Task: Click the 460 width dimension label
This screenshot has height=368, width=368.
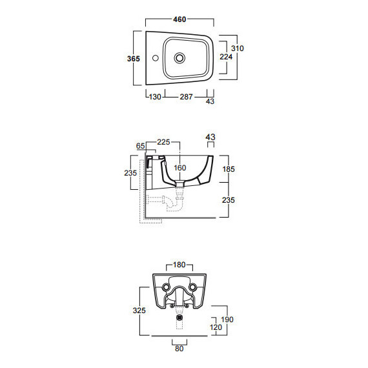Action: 179,19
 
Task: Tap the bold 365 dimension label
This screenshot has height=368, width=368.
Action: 134,59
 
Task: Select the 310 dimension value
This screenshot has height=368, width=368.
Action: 238,48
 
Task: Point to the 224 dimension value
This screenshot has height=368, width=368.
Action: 226,57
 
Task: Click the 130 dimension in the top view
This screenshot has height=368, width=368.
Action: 155,97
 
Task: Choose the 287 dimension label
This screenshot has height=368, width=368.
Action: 186,97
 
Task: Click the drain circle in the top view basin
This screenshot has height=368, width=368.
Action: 179,57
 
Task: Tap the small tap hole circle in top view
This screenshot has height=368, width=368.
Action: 156,57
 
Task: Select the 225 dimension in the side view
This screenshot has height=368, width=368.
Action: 163,142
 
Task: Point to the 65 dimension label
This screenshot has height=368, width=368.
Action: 140,146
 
